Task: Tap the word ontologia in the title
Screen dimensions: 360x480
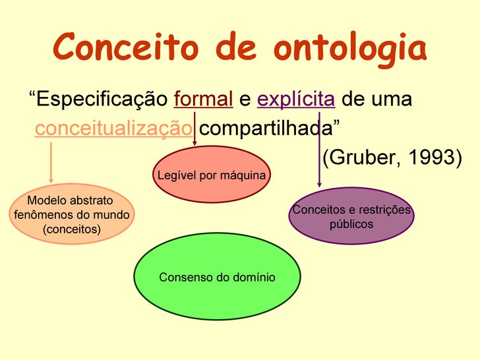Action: [x=350, y=48]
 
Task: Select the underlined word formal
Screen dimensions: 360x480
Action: [x=203, y=100]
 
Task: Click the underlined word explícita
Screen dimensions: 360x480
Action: [x=296, y=100]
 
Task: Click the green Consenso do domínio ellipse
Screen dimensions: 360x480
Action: [x=217, y=277]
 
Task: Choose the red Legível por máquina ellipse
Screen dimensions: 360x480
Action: [x=212, y=175]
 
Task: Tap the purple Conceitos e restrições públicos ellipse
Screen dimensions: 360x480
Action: [x=351, y=217]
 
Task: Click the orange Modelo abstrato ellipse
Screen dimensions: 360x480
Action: [x=71, y=214]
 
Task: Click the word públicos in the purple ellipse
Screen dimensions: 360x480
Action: [x=351, y=224]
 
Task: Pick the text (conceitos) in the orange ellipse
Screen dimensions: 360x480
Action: [x=71, y=229]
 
